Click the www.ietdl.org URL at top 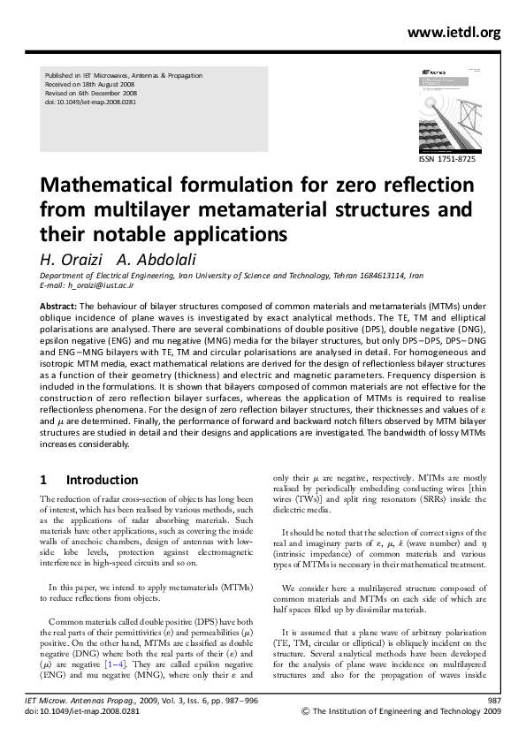click(454, 33)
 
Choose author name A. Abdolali click(146, 259)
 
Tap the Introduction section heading click(102, 480)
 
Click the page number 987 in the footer click(494, 700)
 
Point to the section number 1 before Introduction click(43, 480)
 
